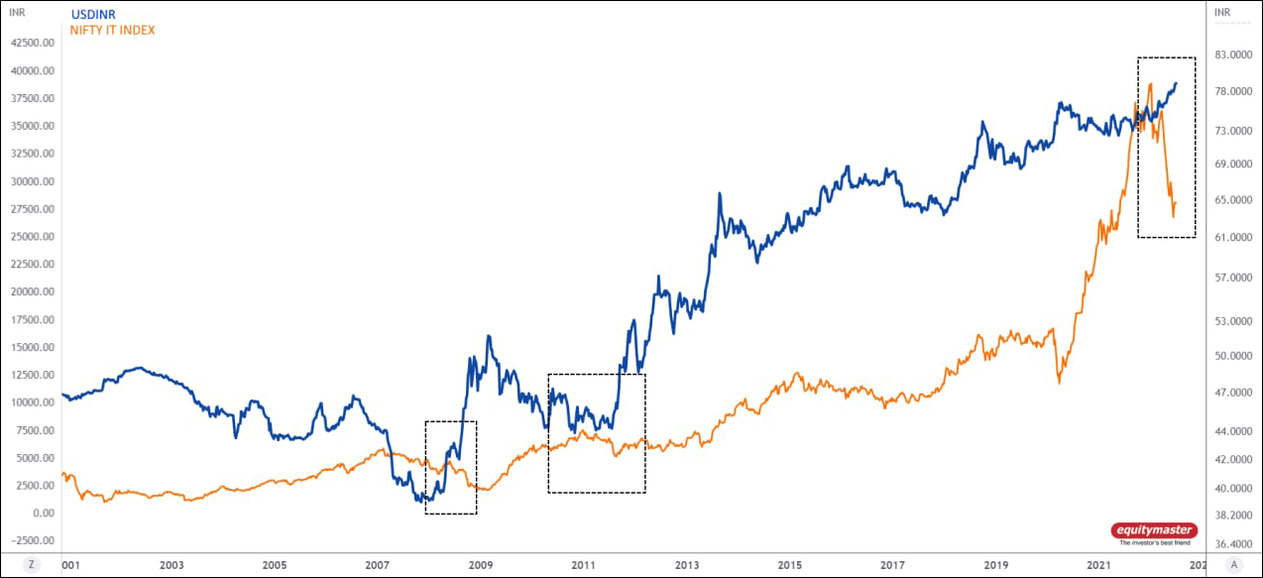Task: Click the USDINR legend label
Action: pyautogui.click(x=94, y=15)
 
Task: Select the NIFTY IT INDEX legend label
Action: pyautogui.click(x=112, y=31)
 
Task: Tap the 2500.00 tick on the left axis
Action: pyautogui.click(x=31, y=486)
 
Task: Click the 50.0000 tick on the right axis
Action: pyautogui.click(x=1229, y=356)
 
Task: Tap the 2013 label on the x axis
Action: pyautogui.click(x=686, y=565)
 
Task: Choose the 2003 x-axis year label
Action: pyautogui.click(x=172, y=565)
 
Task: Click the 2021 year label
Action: pyautogui.click(x=1098, y=565)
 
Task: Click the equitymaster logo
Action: pyautogui.click(x=1153, y=532)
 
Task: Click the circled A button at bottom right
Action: pyautogui.click(x=1233, y=564)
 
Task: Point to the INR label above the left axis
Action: pyautogui.click(x=16, y=14)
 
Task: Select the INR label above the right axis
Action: pyautogui.click(x=1221, y=14)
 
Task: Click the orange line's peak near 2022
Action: pyautogui.click(x=1150, y=84)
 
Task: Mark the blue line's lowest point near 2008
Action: pyautogui.click(x=419, y=502)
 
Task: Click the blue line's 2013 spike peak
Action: pyautogui.click(x=719, y=193)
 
